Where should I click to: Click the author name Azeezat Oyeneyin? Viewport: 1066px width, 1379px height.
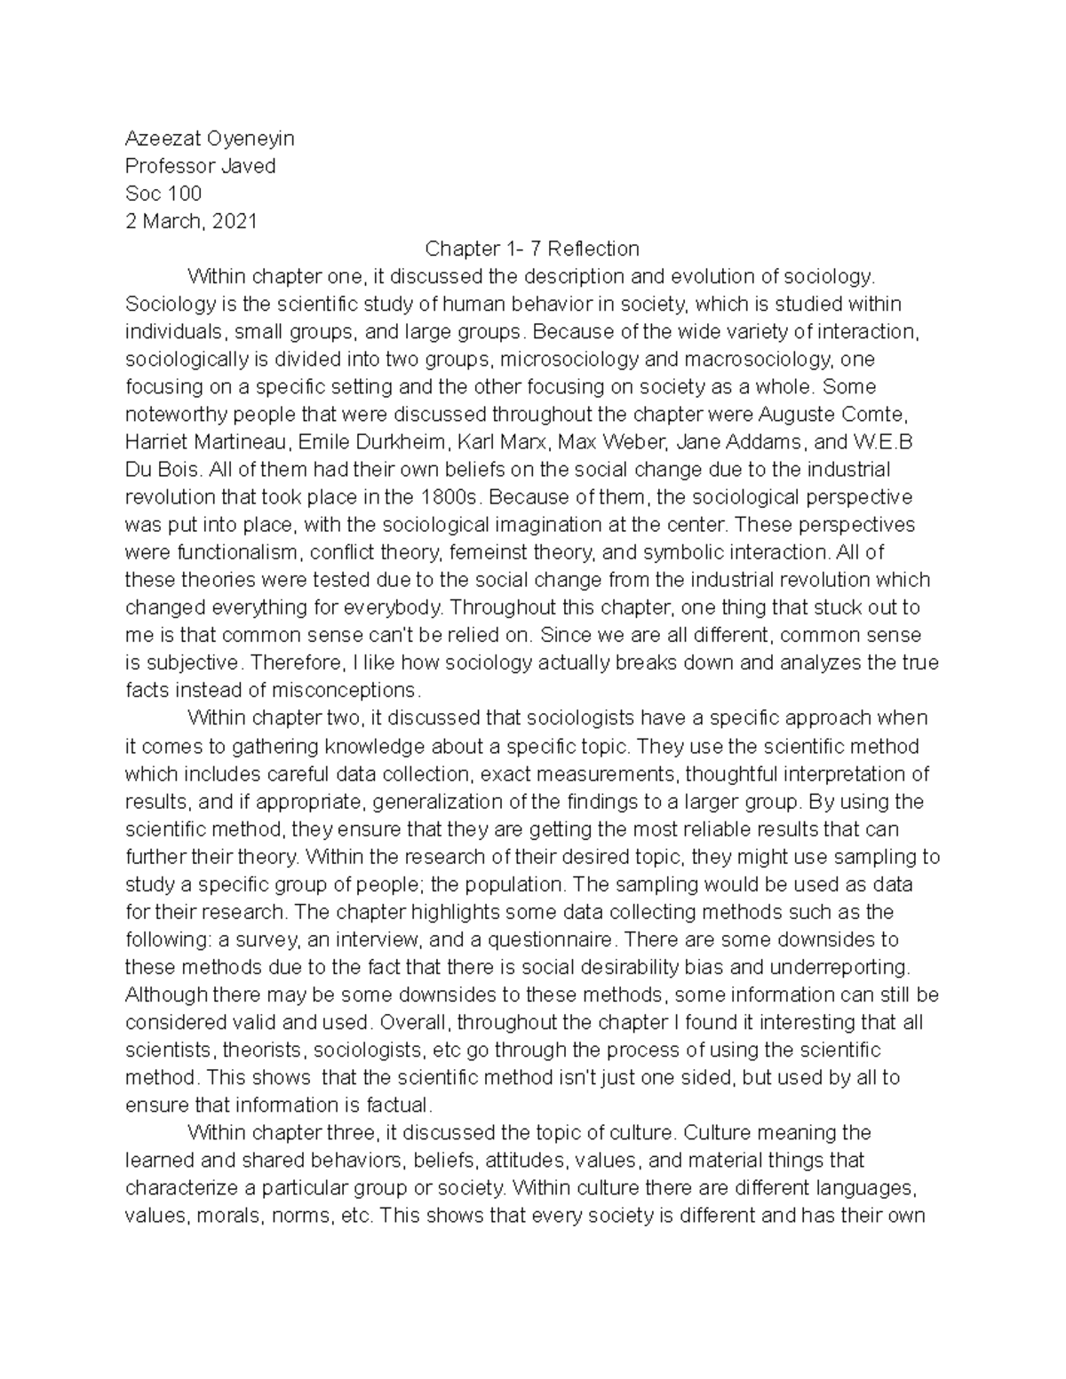(210, 139)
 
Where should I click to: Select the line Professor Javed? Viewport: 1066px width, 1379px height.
(200, 166)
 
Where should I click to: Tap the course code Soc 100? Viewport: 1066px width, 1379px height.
(163, 194)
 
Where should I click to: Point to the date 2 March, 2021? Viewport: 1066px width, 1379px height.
(191, 221)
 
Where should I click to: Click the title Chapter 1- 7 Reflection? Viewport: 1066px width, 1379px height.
(532, 249)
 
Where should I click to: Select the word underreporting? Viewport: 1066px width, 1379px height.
(845, 967)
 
